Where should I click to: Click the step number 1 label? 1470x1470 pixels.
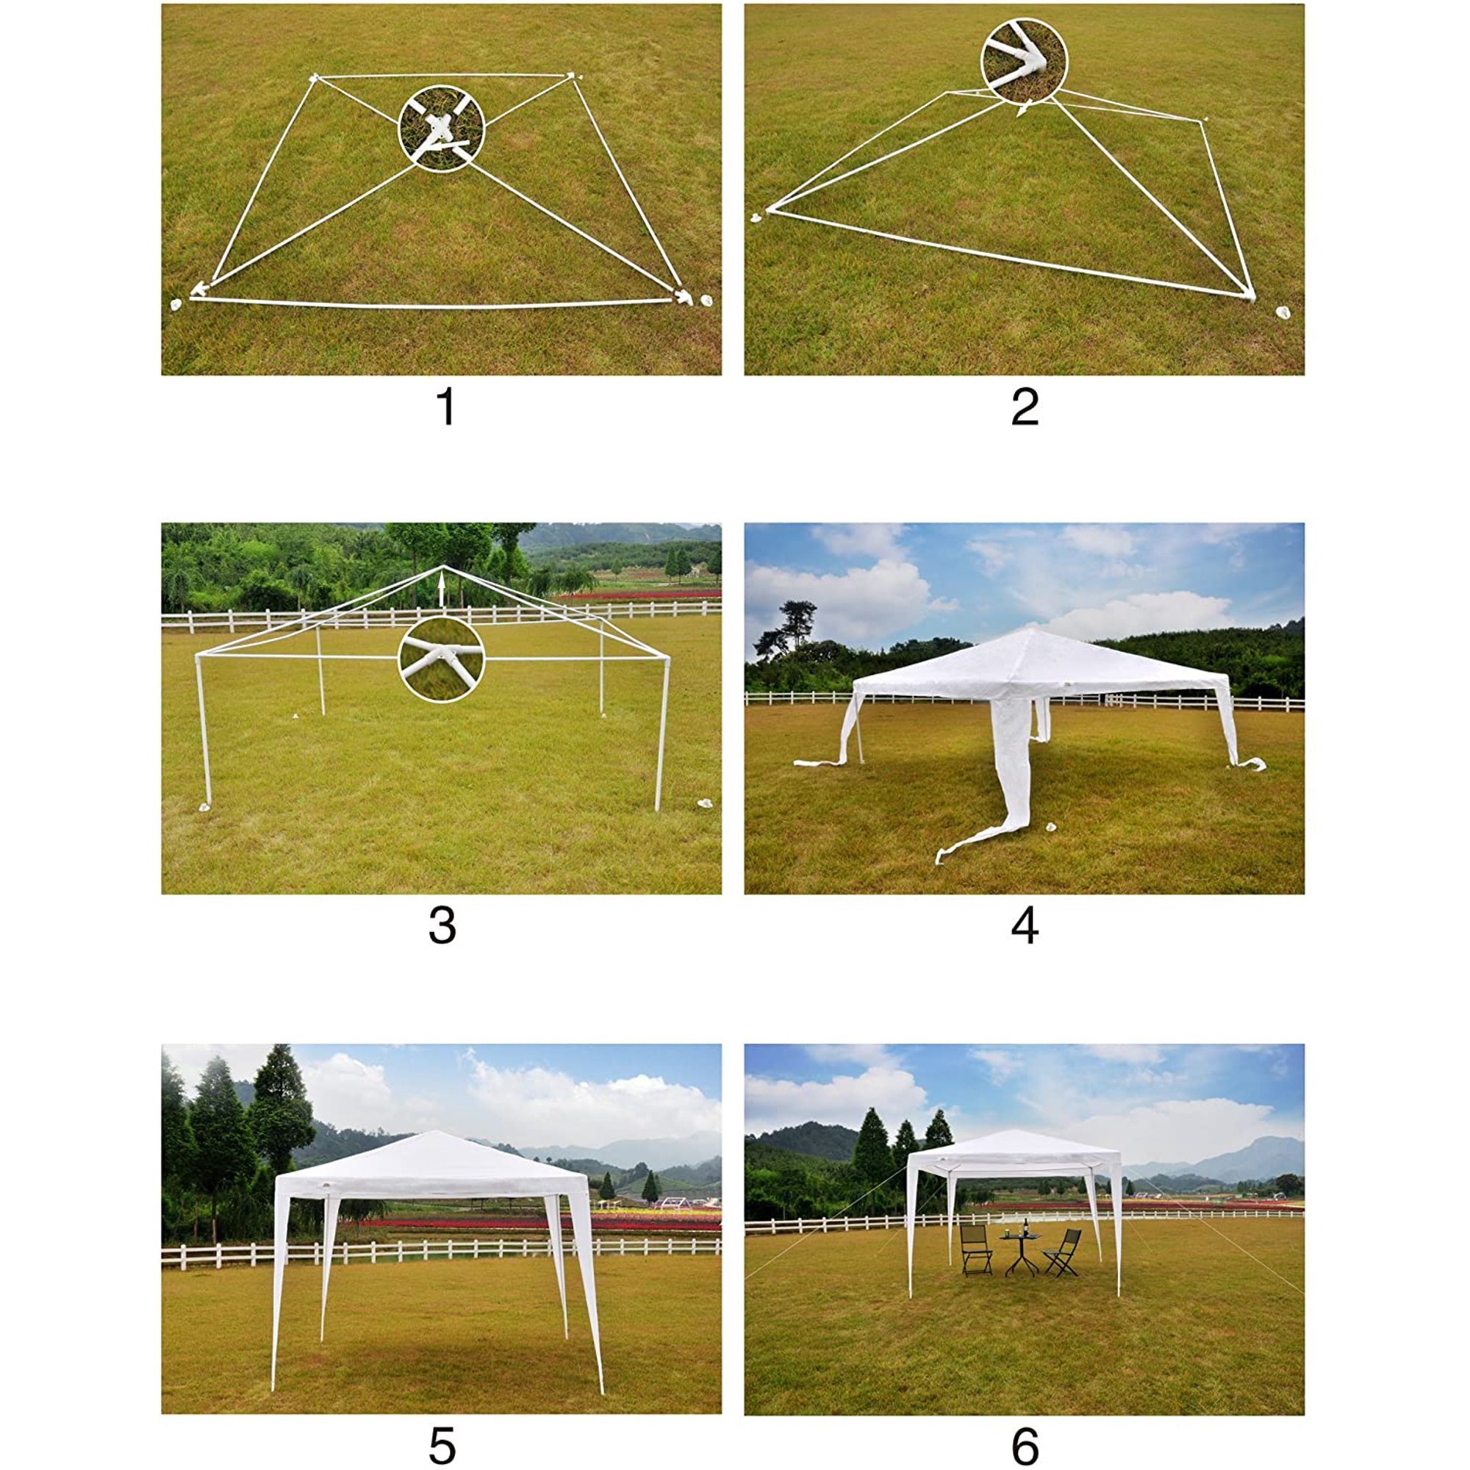pos(447,407)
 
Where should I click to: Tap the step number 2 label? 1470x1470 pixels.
pos(1025,407)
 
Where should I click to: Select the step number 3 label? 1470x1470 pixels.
pos(442,926)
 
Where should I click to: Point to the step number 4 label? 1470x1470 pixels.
pos(1025,926)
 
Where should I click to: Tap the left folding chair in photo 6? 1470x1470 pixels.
pos(976,1250)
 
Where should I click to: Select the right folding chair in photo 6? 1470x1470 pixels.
pos(1063,1252)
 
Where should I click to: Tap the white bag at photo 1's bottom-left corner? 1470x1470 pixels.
pos(176,304)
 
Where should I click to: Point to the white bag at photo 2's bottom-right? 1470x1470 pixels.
pos(1283,312)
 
